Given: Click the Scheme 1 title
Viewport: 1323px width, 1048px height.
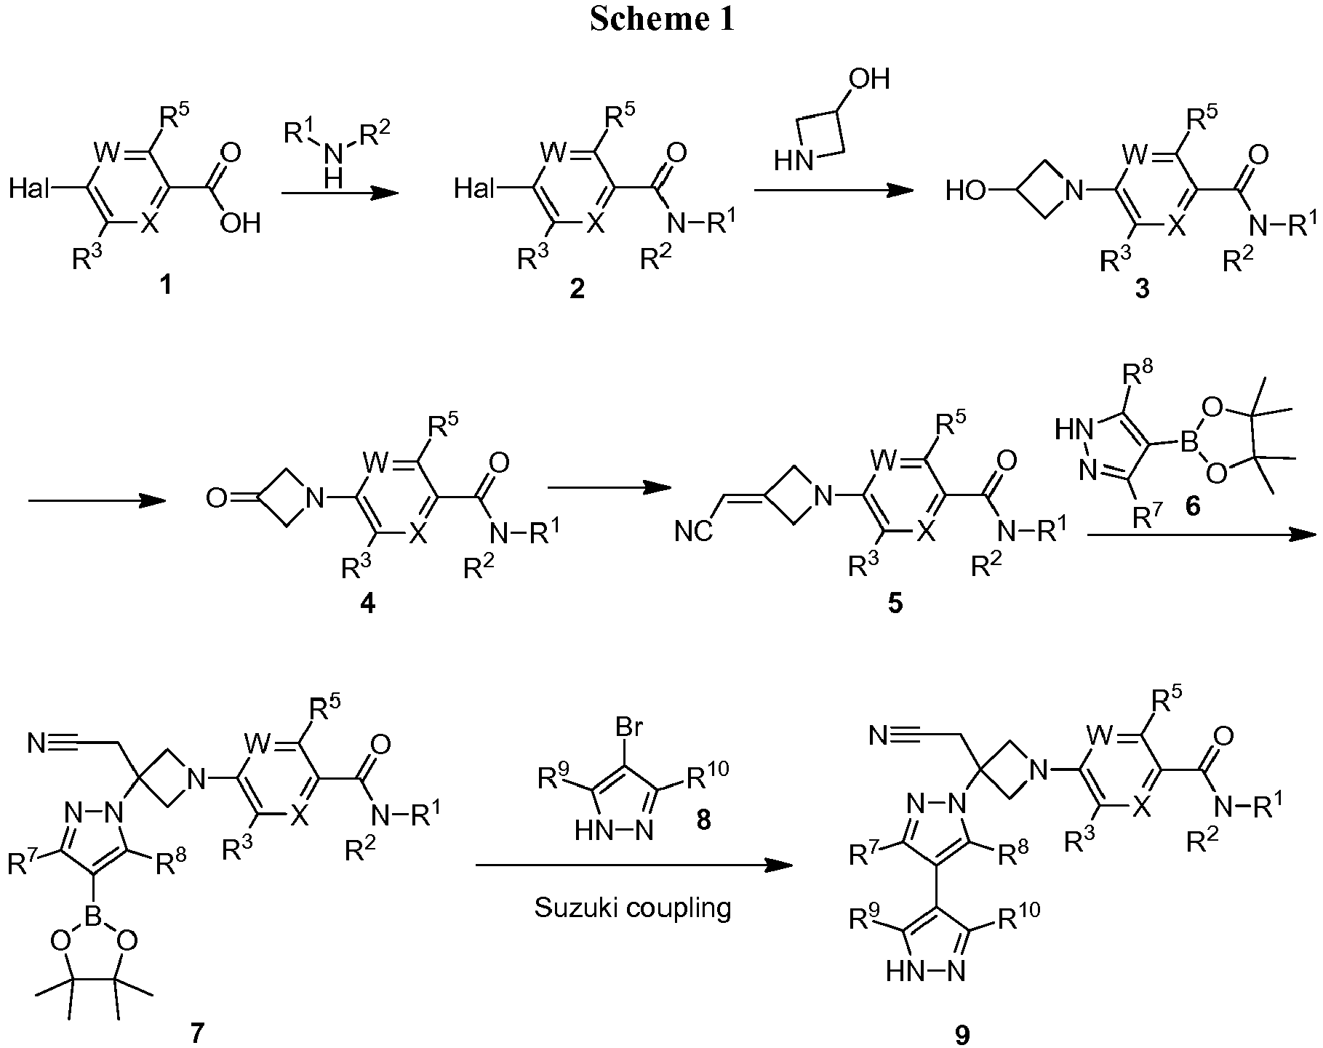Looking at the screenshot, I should (x=662, y=20).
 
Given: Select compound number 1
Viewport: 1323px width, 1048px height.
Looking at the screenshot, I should (x=166, y=284).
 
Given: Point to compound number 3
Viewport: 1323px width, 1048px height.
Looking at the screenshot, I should (x=1143, y=289).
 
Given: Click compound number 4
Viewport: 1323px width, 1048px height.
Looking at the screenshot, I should (x=368, y=603).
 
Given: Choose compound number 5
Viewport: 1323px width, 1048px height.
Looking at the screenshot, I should (x=895, y=604).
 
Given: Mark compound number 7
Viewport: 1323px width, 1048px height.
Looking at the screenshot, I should (x=199, y=1032).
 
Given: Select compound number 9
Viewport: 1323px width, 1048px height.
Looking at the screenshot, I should (x=962, y=1035).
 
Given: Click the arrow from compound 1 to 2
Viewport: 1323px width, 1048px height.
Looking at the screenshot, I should (x=340, y=193).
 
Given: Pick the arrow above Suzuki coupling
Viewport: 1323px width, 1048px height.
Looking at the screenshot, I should (x=633, y=865).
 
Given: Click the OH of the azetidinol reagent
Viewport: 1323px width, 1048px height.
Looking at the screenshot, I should (x=870, y=79).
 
